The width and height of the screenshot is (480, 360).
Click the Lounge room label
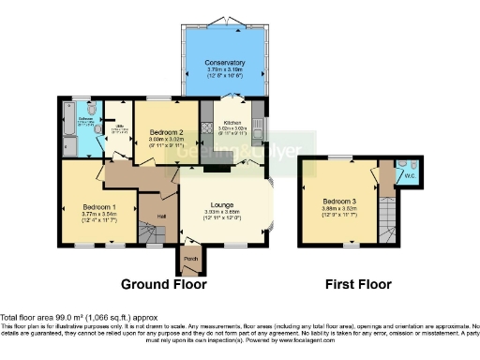pyautogui.click(x=223, y=203)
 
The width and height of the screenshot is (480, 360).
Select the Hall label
pyautogui.click(x=161, y=217)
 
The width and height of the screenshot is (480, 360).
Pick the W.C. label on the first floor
pyautogui.click(x=406, y=174)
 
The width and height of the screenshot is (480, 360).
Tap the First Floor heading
pyautogui.click(x=358, y=284)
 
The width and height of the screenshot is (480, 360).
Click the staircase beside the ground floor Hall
pyautogui.click(x=147, y=231)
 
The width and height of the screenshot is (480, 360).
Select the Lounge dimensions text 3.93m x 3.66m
pyautogui.click(x=223, y=211)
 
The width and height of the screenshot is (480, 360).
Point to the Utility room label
pyautogui.click(x=118, y=129)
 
